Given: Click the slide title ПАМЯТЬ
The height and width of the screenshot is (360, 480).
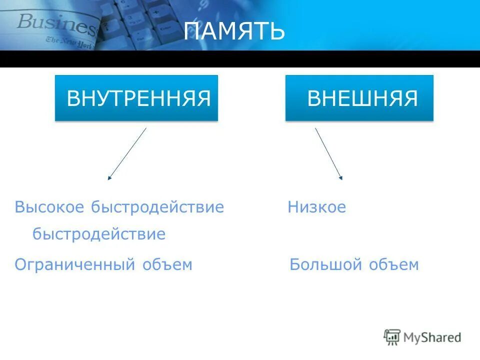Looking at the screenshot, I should pyautogui.click(x=234, y=32).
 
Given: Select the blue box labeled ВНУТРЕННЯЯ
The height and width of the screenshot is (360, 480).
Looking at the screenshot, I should pyautogui.click(x=136, y=98).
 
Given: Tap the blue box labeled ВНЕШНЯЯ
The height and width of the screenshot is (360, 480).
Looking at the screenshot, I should pyautogui.click(x=359, y=98).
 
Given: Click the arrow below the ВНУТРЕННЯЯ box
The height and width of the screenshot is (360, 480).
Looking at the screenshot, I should pyautogui.click(x=127, y=153).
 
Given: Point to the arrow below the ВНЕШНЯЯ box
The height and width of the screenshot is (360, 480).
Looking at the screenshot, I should pyautogui.click(x=328, y=153).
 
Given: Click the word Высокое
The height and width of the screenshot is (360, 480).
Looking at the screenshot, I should pyautogui.click(x=50, y=207).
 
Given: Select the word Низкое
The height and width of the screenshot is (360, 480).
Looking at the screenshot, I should pyautogui.click(x=316, y=207).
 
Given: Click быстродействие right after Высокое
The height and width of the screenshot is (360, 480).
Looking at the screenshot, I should pyautogui.click(x=157, y=207).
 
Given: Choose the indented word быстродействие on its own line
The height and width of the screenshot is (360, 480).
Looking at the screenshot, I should pyautogui.click(x=99, y=234).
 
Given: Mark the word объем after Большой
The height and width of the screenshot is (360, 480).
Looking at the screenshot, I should pyautogui.click(x=393, y=264).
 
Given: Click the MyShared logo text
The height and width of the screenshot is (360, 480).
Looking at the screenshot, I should pyautogui.click(x=432, y=337).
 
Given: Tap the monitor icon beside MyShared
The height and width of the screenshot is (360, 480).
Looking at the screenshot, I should pyautogui.click(x=392, y=337).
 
